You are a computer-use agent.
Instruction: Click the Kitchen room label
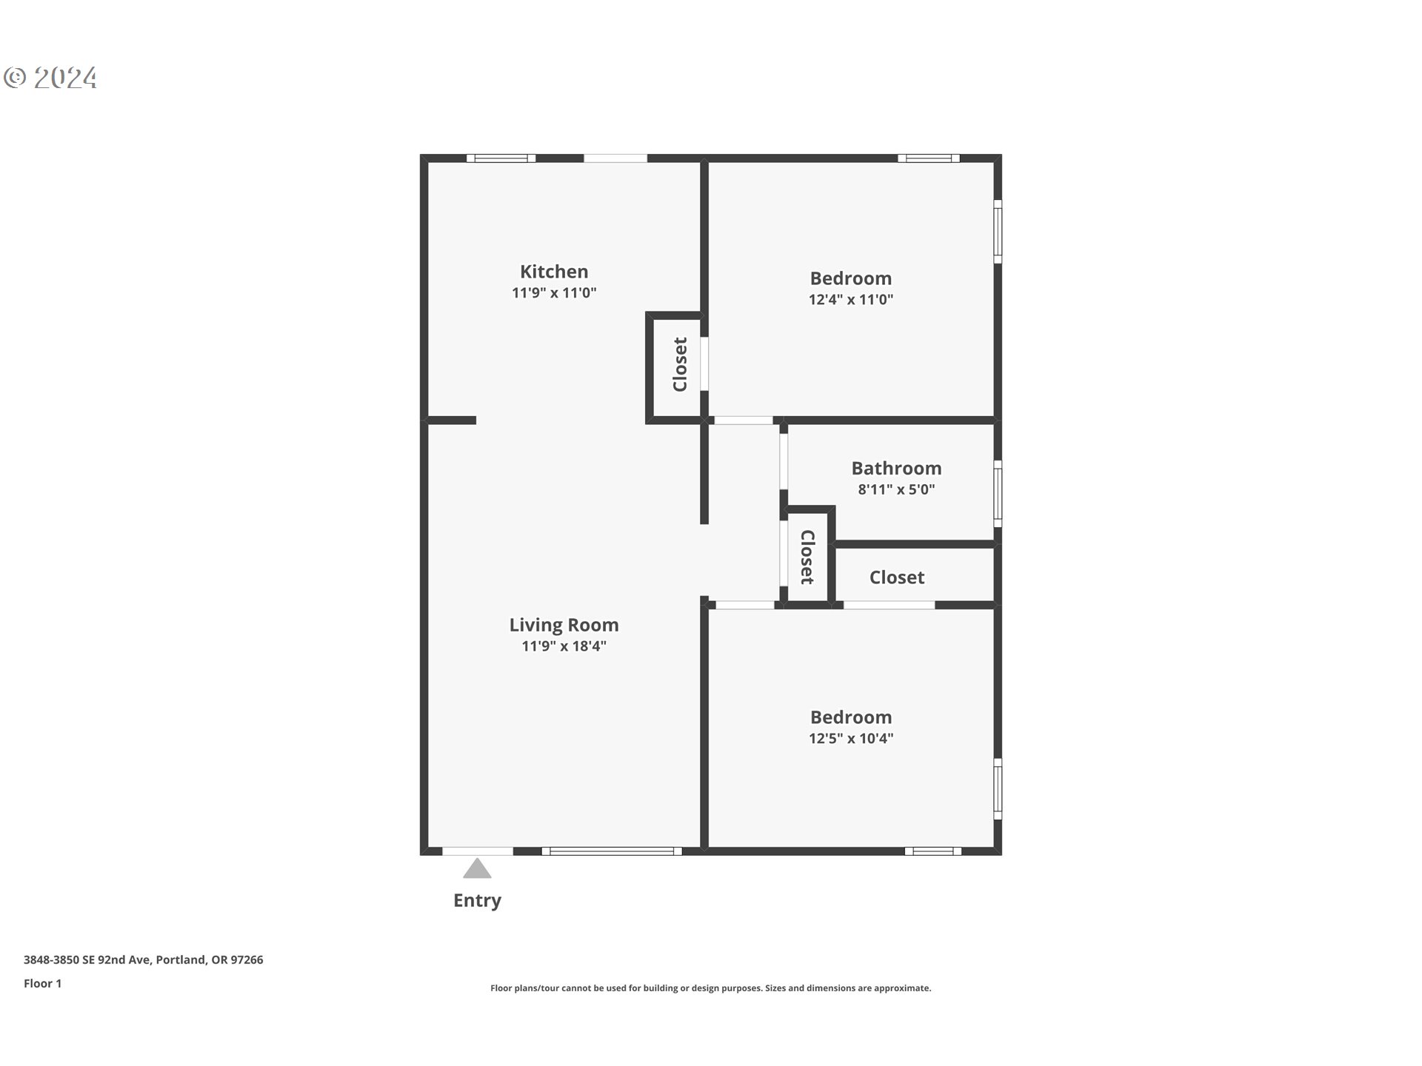point(554,272)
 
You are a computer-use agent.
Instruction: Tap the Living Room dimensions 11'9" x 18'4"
point(564,646)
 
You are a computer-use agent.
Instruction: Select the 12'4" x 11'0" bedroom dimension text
point(850,300)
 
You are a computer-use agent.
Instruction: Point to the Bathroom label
point(896,468)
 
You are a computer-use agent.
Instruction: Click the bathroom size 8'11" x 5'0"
point(896,489)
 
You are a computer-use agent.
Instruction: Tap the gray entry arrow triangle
point(477,869)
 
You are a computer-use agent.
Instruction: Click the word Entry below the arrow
point(477,900)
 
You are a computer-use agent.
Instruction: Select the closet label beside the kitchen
point(680,364)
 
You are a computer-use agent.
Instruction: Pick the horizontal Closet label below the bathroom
point(896,577)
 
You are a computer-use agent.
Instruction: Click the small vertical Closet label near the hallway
point(807,557)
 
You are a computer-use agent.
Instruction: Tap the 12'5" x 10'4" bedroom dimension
point(850,738)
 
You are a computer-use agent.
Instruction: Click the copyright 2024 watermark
point(50,78)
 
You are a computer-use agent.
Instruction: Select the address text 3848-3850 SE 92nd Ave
point(143,959)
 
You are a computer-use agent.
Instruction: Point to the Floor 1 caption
point(42,983)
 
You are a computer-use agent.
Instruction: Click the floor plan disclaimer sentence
point(710,988)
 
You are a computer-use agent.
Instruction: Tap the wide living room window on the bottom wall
point(612,851)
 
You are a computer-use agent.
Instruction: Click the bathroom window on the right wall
point(998,494)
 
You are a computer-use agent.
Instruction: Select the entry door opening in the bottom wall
point(478,851)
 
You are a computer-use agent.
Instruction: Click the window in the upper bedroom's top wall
point(929,158)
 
